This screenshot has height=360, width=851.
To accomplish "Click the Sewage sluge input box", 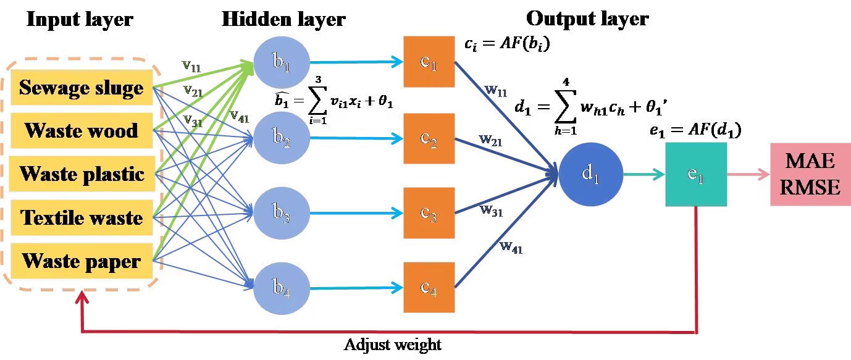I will [82, 87].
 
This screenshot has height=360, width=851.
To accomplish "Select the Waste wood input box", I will [82, 130].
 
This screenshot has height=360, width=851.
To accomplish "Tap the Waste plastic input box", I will [82, 174].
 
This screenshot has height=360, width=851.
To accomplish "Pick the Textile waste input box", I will [82, 217].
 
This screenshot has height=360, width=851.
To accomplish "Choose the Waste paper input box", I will [82, 261].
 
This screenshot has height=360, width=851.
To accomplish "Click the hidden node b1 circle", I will [280, 62].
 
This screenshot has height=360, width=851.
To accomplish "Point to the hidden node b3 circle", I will [280, 214].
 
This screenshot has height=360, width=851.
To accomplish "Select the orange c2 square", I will [429, 138].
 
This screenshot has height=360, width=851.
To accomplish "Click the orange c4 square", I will [429, 287].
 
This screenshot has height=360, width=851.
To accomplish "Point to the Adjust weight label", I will [393, 344].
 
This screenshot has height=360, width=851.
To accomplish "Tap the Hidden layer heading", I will [283, 19].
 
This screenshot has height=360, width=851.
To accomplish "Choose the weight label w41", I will [511, 248].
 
